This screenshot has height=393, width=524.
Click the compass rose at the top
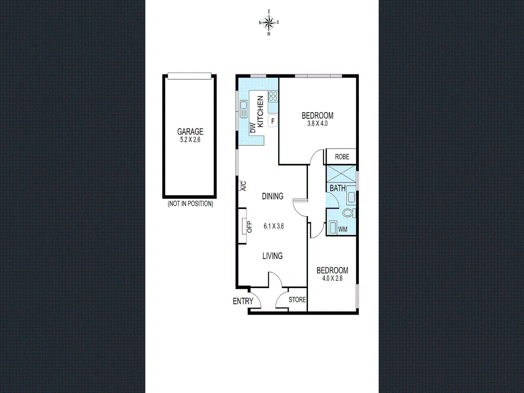(x=269, y=23)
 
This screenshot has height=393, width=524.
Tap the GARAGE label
(x=190, y=131)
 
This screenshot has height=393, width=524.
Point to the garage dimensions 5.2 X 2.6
(x=190, y=140)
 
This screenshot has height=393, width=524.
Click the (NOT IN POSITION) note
(x=190, y=204)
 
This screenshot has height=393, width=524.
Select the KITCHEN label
(x=260, y=111)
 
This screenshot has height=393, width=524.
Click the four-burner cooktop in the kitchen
(x=273, y=96)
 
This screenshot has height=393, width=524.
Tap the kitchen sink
(x=244, y=109)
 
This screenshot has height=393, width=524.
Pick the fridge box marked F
(x=273, y=121)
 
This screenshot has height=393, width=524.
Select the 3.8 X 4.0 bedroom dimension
(x=317, y=124)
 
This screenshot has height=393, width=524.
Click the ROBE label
(x=342, y=157)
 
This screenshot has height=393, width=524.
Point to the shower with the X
(x=341, y=174)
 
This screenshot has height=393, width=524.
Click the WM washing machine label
(x=343, y=229)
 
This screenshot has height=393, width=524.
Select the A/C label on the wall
(x=244, y=186)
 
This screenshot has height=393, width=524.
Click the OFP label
(x=249, y=227)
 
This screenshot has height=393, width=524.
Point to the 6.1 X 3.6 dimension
(x=274, y=226)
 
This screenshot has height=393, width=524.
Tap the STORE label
(x=297, y=300)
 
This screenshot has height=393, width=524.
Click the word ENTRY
(x=243, y=301)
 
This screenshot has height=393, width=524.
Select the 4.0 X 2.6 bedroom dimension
(x=332, y=278)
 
